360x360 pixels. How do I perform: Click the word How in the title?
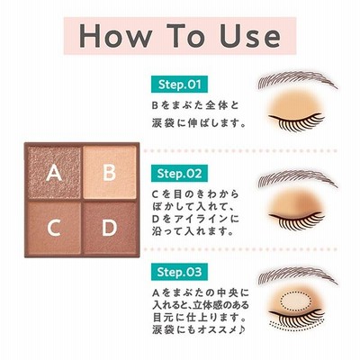116,36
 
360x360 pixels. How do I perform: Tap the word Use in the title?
250,36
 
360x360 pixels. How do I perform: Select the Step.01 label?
179,85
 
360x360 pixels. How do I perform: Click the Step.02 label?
179,174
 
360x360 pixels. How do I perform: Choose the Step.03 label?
179,272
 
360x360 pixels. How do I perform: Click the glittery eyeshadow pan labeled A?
54,173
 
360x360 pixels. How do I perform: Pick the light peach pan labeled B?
110,173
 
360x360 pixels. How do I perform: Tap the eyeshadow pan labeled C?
54,228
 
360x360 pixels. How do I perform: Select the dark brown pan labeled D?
110,228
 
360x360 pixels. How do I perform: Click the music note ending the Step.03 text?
241,329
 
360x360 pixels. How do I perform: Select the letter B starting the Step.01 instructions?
155,105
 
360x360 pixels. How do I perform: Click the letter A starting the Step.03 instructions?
156,292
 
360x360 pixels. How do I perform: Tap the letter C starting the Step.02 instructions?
155,194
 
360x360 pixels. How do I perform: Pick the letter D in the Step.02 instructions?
155,219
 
